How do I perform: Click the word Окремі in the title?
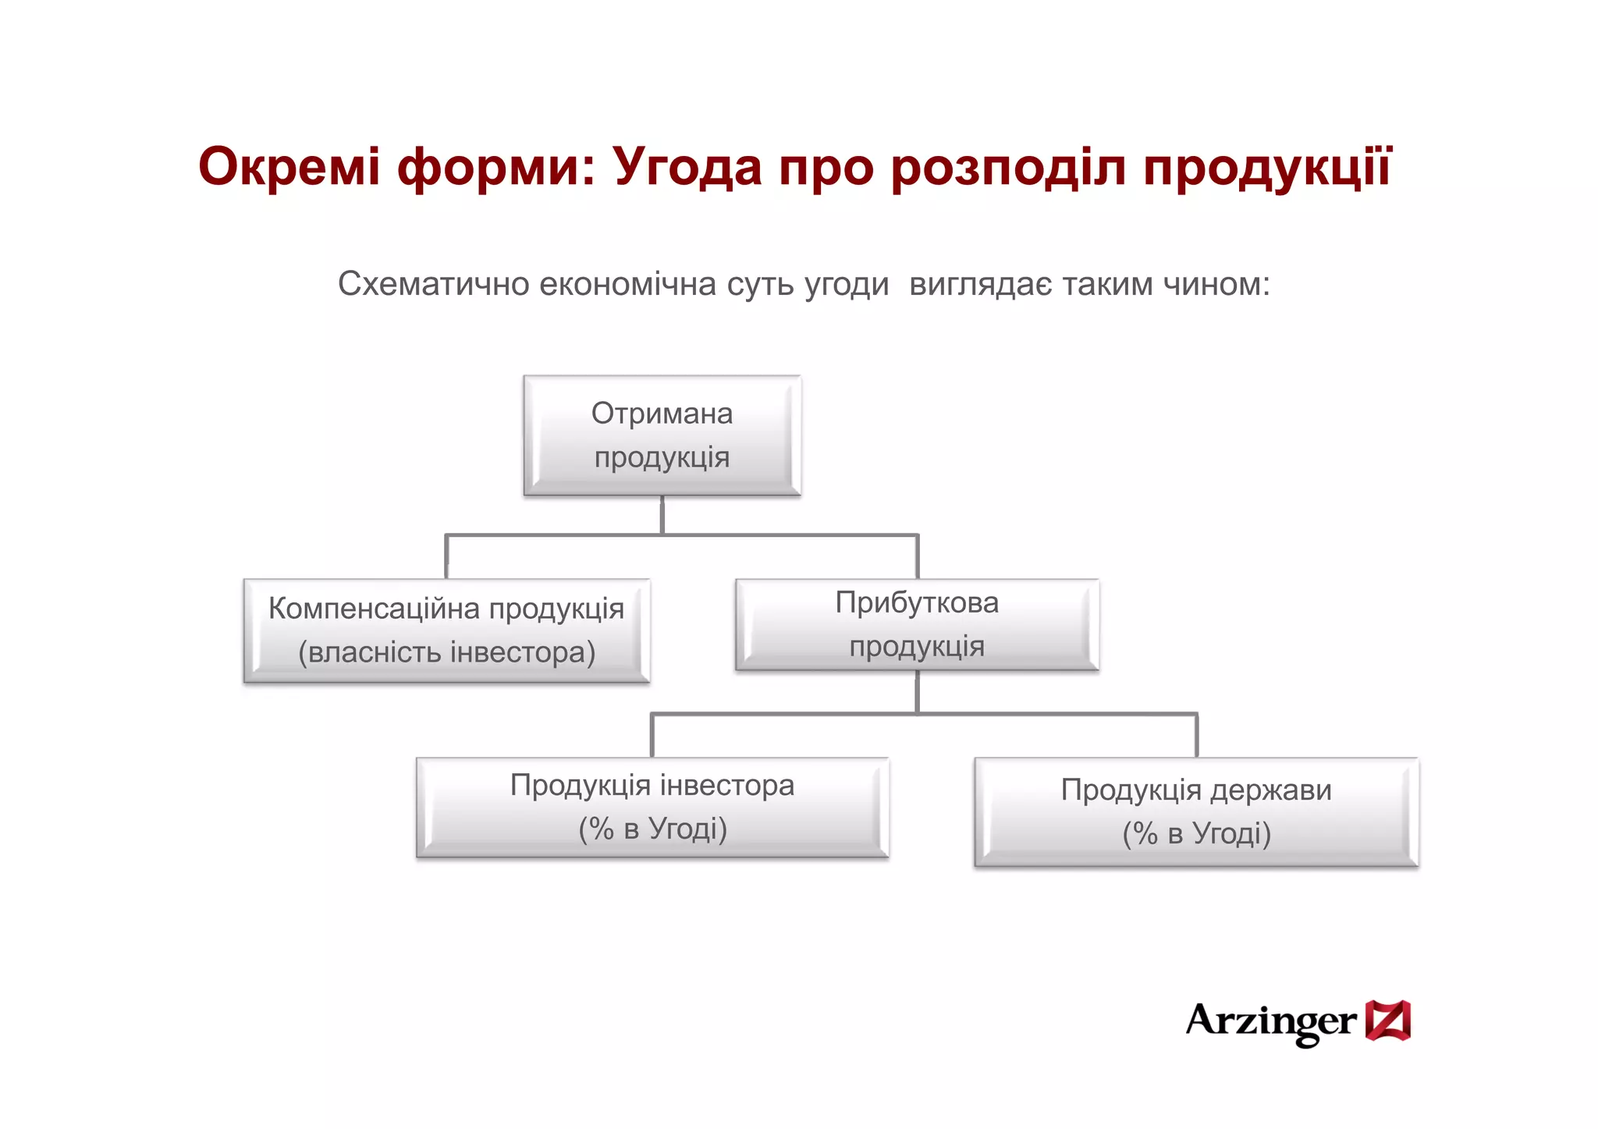pyautogui.click(x=289, y=167)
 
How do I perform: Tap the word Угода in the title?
pyautogui.click(x=687, y=167)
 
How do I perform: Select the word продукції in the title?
pyautogui.click(x=1266, y=167)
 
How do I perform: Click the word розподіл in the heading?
pyautogui.click(x=1008, y=167)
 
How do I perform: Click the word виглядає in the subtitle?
pyautogui.click(x=980, y=284)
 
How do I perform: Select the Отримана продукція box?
pyautogui.click(x=662, y=435)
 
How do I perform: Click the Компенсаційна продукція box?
pyautogui.click(x=446, y=630)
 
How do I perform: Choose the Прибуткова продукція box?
pyautogui.click(x=917, y=624)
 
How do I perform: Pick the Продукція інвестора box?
pyautogui.click(x=652, y=807)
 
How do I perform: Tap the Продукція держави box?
pyautogui.click(x=1196, y=811)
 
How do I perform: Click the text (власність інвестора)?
pyautogui.click(x=446, y=652)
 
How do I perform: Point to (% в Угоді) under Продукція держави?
pyautogui.click(x=1196, y=834)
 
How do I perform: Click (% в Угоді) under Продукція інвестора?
pyautogui.click(x=652, y=829)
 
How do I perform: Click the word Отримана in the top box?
pyautogui.click(x=662, y=414)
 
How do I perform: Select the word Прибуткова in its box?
pyautogui.click(x=917, y=602)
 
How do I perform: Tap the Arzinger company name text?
pyautogui.click(x=1270, y=1021)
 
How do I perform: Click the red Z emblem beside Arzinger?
pyautogui.click(x=1387, y=1021)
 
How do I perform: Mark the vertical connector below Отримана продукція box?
pyautogui.click(x=662, y=515)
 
